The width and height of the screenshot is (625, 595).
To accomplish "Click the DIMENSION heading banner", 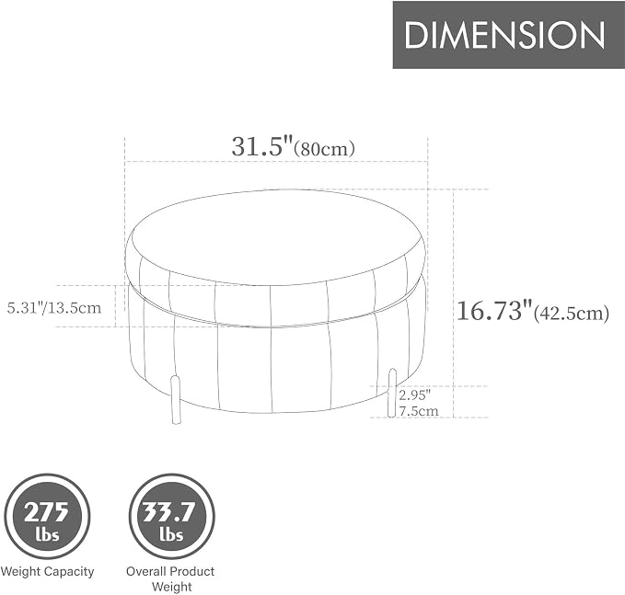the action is pyautogui.click(x=509, y=35).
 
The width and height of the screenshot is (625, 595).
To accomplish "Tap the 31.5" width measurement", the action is pyautogui.click(x=262, y=146).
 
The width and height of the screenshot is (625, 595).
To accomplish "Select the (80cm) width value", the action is pyautogui.click(x=324, y=149).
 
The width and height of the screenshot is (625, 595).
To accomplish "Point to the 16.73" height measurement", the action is pyautogui.click(x=494, y=311).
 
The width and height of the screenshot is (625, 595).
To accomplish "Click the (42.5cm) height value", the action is pyautogui.click(x=572, y=314).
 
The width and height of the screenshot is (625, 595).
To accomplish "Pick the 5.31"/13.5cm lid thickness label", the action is pyautogui.click(x=54, y=308).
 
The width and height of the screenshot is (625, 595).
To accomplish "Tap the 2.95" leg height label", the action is pyautogui.click(x=415, y=395).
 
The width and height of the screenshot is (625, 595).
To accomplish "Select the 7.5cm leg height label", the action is pyautogui.click(x=419, y=410).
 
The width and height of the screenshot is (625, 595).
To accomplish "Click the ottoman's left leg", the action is pyautogui.click(x=175, y=399).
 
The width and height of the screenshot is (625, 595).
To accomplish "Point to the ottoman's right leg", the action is pyautogui.click(x=393, y=393).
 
